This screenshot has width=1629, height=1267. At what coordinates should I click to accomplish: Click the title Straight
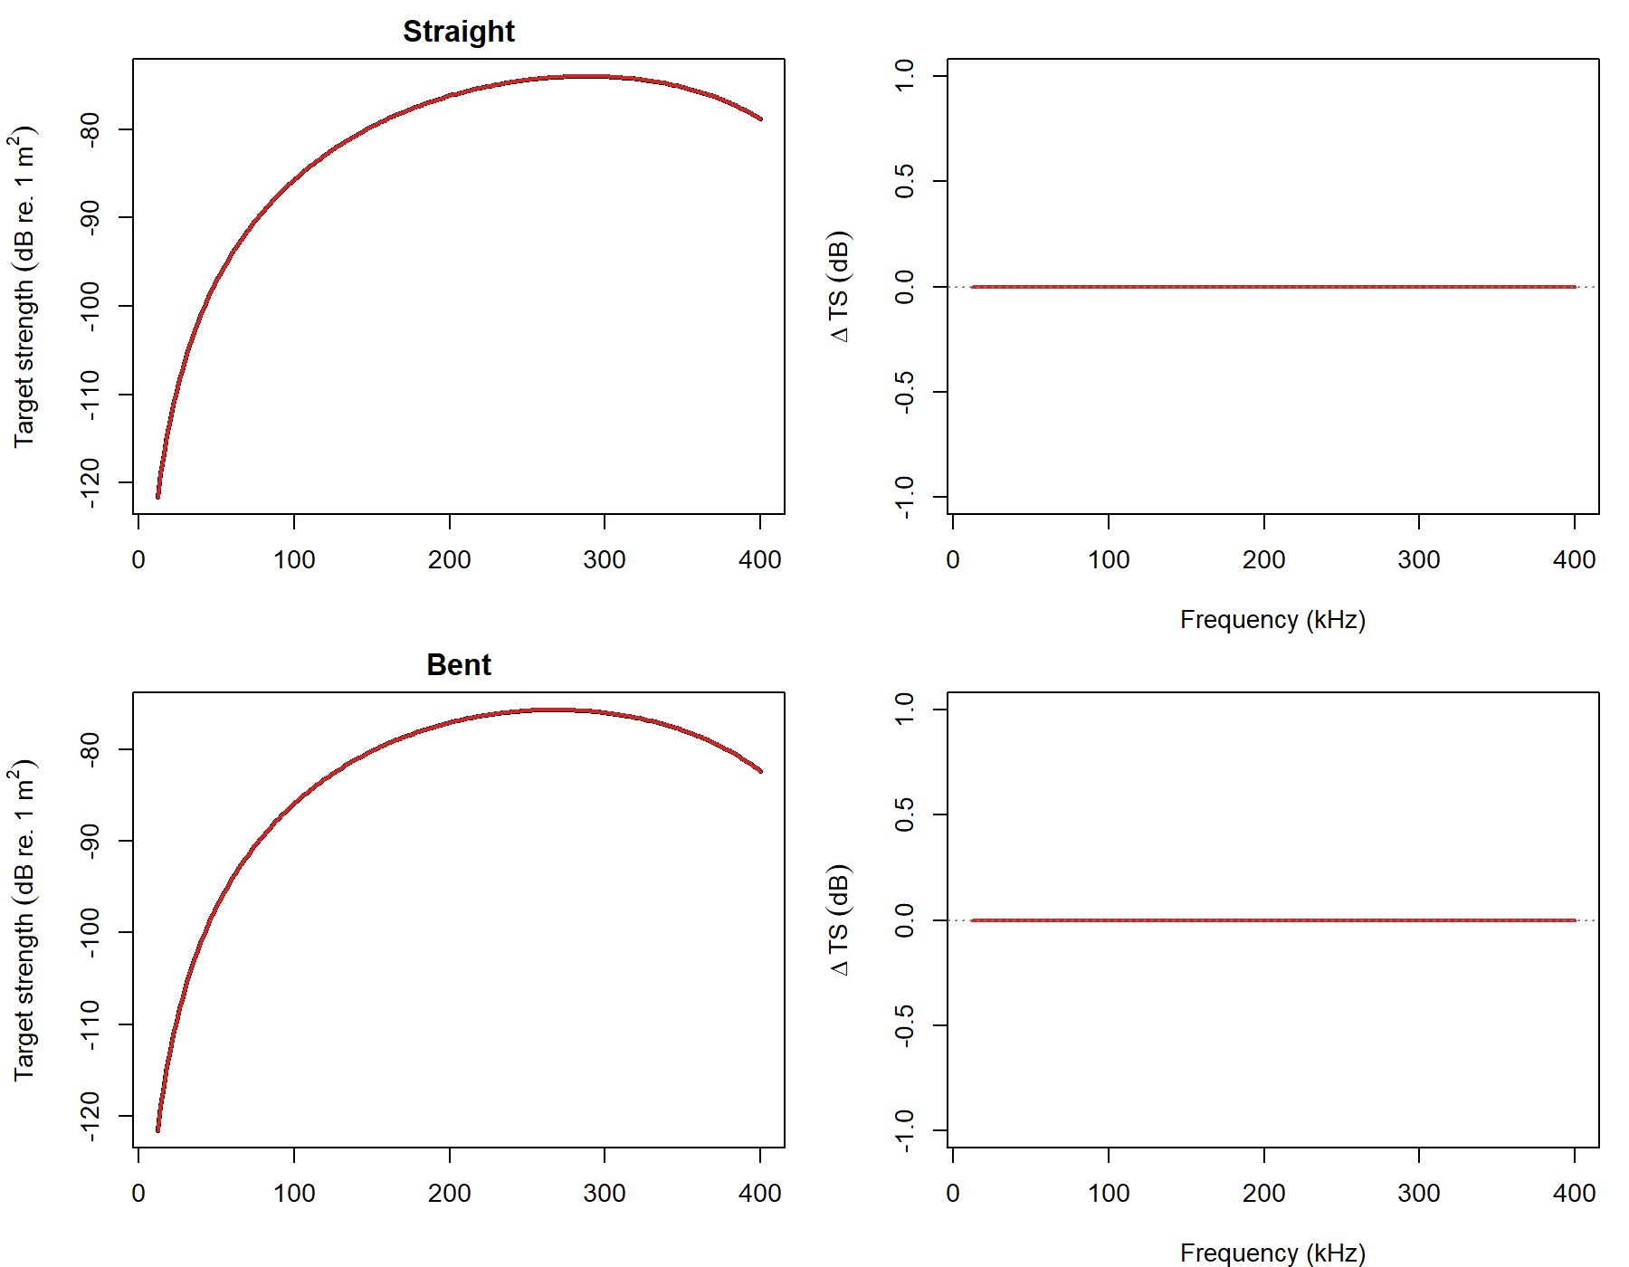click(458, 32)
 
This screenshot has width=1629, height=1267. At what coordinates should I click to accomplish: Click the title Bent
click(458, 665)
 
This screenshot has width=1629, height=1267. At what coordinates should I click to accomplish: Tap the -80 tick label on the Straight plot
click(90, 129)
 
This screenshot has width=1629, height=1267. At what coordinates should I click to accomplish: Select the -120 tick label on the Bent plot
click(90, 1116)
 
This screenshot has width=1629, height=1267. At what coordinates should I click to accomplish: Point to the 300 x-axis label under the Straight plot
click(604, 559)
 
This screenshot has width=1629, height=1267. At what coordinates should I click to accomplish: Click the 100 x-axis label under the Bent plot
click(294, 1193)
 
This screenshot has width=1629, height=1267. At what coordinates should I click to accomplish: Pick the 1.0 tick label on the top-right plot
click(904, 75)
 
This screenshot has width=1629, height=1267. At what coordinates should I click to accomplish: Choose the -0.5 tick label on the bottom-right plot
click(904, 1025)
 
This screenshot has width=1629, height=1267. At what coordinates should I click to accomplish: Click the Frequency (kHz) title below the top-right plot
click(1272, 620)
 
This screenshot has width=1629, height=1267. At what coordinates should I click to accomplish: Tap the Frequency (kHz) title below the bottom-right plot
click(1272, 1253)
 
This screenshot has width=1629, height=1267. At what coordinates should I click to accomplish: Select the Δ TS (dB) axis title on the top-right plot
click(840, 287)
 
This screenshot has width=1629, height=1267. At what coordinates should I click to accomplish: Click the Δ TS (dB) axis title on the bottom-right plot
click(840, 920)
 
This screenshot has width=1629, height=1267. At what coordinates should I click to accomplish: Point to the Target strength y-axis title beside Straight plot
click(24, 287)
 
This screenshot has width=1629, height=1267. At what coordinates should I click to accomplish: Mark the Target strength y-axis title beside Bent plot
click(24, 920)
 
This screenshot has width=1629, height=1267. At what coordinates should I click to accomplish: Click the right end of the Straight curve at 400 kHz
click(760, 119)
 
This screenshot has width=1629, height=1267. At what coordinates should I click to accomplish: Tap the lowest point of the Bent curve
click(157, 1129)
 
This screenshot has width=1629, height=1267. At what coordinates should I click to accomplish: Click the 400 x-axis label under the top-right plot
click(1574, 559)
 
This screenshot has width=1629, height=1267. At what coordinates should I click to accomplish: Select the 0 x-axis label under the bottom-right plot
click(952, 1193)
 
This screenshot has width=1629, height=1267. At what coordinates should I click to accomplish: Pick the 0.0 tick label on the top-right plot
click(904, 287)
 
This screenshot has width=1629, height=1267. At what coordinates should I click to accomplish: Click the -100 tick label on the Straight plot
click(90, 306)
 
